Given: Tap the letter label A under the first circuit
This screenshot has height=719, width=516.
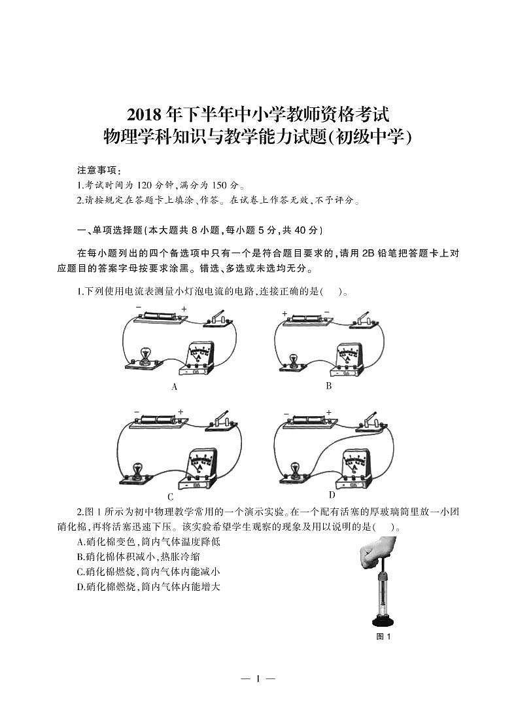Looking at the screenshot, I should click(175, 387).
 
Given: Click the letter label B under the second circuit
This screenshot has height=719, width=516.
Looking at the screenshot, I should click(329, 386).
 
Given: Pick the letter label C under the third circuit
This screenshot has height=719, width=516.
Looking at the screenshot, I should click(171, 497).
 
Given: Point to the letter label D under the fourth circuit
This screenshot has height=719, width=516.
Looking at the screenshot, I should click(332, 495).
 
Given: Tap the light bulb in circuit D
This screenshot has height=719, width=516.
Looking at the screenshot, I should click(295, 470).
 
